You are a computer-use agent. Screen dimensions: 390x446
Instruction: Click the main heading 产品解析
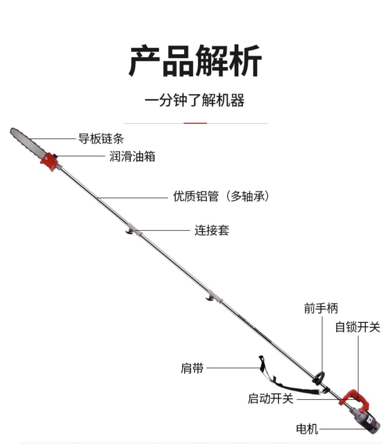pyautogui.click(x=195, y=61)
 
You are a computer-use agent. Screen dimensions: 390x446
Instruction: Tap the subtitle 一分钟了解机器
pyautogui.click(x=194, y=100)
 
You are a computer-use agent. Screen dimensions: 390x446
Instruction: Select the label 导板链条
pyautogui.click(x=101, y=139)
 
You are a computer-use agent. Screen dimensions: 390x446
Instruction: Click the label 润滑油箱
pyautogui.click(x=132, y=157)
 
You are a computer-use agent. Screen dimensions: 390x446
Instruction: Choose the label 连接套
pyautogui.click(x=212, y=231)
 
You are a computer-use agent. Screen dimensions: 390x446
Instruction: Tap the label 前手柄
pyautogui.click(x=321, y=308)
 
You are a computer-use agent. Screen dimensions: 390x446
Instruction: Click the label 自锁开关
pyautogui.click(x=357, y=327)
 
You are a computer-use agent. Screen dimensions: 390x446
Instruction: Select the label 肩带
pyautogui.click(x=192, y=368)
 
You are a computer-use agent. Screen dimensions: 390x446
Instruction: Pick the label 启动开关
pyautogui.click(x=270, y=398)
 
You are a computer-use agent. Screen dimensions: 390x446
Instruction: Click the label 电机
pyautogui.click(x=307, y=429)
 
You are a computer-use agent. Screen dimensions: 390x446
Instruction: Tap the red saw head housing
pyautogui.click(x=48, y=161)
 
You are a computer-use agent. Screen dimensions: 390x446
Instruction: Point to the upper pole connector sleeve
pyautogui.click(x=134, y=231)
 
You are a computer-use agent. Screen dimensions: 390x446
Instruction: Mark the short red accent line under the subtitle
pyautogui.click(x=195, y=123)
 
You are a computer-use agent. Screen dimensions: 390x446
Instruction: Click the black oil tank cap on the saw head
pyautogui.click(x=55, y=156)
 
